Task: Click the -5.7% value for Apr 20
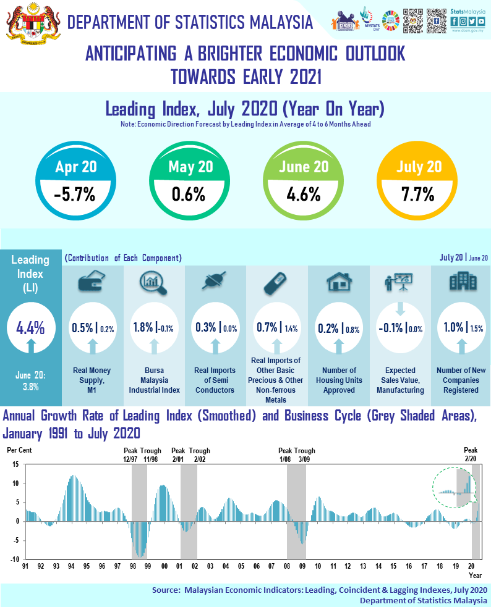coord(74,195)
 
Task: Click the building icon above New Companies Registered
coord(461,282)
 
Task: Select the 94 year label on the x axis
coord(71,566)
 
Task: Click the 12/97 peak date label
coord(131,458)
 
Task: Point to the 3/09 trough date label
coord(305,458)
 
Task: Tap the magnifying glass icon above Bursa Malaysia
coord(153,282)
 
